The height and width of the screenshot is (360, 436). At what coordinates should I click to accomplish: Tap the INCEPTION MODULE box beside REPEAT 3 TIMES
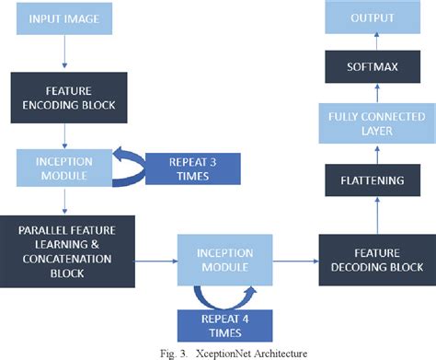point(64,167)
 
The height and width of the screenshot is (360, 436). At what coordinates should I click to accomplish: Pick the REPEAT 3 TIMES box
point(193,168)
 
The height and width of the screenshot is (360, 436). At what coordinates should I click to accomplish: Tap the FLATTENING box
point(373,180)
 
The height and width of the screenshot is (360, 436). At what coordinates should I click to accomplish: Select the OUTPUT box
point(373,18)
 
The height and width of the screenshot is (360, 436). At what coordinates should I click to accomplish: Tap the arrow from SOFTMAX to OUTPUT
point(373,41)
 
